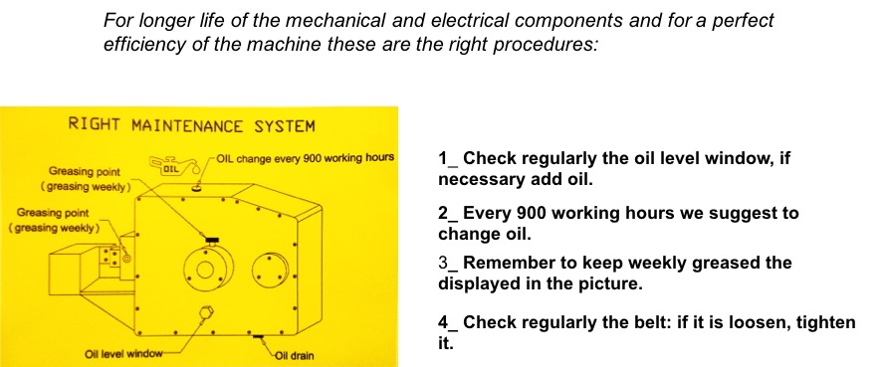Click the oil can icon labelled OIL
(x=173, y=166)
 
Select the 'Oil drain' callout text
(x=294, y=355)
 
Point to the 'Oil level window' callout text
(x=123, y=354)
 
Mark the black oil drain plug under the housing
(x=259, y=336)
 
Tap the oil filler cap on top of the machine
(x=196, y=189)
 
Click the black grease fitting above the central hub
(x=212, y=242)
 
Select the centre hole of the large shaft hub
(x=204, y=271)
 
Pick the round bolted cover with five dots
(x=270, y=270)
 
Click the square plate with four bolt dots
(x=110, y=258)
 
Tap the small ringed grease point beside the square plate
(x=127, y=259)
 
